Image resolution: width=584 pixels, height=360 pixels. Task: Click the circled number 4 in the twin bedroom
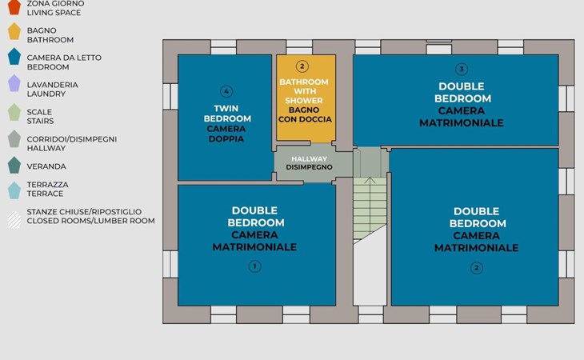click(226, 91)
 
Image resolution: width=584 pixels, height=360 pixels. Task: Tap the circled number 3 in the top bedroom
click(462, 69)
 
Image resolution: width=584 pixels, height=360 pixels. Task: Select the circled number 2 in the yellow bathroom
click(302, 66)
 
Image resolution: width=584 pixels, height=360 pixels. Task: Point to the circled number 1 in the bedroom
click(254, 266)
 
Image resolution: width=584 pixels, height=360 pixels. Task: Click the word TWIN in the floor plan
click(226, 108)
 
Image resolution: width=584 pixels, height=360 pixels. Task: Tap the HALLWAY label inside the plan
click(309, 158)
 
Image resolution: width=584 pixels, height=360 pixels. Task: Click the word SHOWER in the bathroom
click(304, 101)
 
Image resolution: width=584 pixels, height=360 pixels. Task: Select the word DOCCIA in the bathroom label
click(317, 119)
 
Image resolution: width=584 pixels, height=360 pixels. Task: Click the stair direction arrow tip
click(370, 178)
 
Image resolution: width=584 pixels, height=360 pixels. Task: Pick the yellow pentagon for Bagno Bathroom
click(14, 31)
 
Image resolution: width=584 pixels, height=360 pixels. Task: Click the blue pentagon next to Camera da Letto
click(14, 57)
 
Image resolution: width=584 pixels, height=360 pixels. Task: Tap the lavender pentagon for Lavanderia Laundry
click(14, 83)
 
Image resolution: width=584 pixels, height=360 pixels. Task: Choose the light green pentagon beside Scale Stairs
click(14, 112)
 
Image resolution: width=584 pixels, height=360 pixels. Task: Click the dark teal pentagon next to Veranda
click(14, 166)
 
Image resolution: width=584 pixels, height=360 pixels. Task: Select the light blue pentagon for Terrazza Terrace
click(14, 190)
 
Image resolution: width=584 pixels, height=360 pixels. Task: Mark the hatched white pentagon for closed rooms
click(14, 220)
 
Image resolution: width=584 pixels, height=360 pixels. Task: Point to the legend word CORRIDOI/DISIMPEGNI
click(72, 139)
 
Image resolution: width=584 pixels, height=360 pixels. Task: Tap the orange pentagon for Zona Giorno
click(14, 6)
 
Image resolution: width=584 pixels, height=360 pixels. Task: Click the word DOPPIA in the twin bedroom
click(226, 139)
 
